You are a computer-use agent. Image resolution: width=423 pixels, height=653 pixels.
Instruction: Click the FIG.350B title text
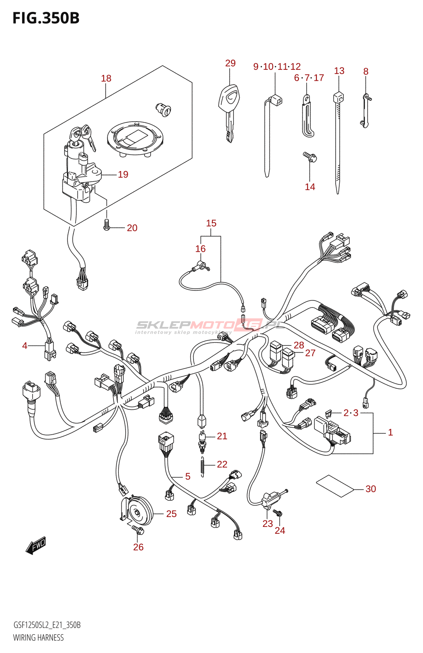(46, 18)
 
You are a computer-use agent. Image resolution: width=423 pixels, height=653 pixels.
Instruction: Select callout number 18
(106, 78)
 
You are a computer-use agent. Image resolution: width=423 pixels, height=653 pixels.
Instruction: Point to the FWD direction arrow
(36, 545)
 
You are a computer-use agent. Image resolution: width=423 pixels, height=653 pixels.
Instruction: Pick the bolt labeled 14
(310, 157)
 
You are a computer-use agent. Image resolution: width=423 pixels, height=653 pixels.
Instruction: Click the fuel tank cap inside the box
(135, 138)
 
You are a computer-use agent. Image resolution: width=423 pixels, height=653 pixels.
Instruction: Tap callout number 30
(370, 489)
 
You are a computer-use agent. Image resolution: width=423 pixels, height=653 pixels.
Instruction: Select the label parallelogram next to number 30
(335, 486)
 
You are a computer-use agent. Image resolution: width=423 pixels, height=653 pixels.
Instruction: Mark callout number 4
(24, 346)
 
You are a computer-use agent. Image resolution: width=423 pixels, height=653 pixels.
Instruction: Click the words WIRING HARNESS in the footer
(38, 637)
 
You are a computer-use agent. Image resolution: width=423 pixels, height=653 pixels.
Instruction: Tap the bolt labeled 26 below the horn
(138, 530)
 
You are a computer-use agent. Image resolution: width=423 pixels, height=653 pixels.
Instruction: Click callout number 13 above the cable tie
(339, 71)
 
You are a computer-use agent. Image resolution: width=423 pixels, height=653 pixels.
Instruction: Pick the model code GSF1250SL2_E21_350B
(47, 625)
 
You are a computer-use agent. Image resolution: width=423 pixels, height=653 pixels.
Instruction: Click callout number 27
(310, 353)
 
